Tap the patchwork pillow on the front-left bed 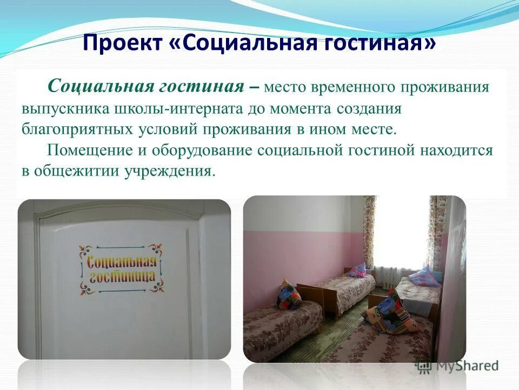coord(289,295)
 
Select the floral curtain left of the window coord(370,230)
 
